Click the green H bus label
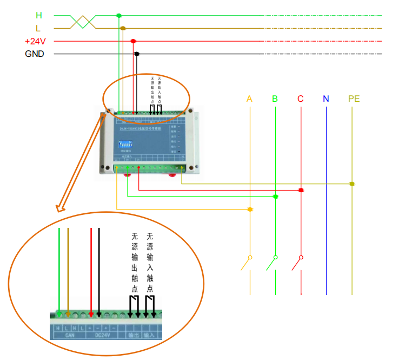click(39, 15)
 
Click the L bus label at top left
click(38, 28)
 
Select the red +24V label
click(34, 41)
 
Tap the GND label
click(35, 54)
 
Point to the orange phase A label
click(249, 99)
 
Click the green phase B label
click(275, 99)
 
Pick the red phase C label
click(300, 99)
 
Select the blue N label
click(326, 99)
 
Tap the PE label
click(354, 99)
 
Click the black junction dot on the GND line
click(137, 54)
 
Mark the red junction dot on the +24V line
click(133, 41)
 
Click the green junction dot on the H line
click(119, 15)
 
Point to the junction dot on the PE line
click(352, 184)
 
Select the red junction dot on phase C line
click(301, 191)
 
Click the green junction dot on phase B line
click(275, 197)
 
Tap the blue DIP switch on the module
click(128, 143)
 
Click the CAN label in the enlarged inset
click(70, 336)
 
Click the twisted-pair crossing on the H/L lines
click(82, 22)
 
